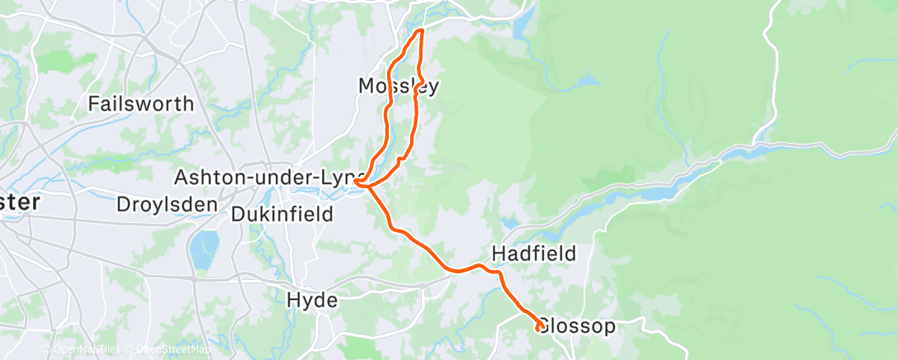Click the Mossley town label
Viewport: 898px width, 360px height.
click(x=398, y=86)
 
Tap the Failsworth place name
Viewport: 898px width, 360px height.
click(x=141, y=104)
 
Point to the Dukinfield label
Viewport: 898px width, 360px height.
click(x=282, y=216)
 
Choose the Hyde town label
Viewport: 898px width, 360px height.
click(x=312, y=301)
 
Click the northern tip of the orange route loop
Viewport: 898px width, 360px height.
click(x=421, y=31)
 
